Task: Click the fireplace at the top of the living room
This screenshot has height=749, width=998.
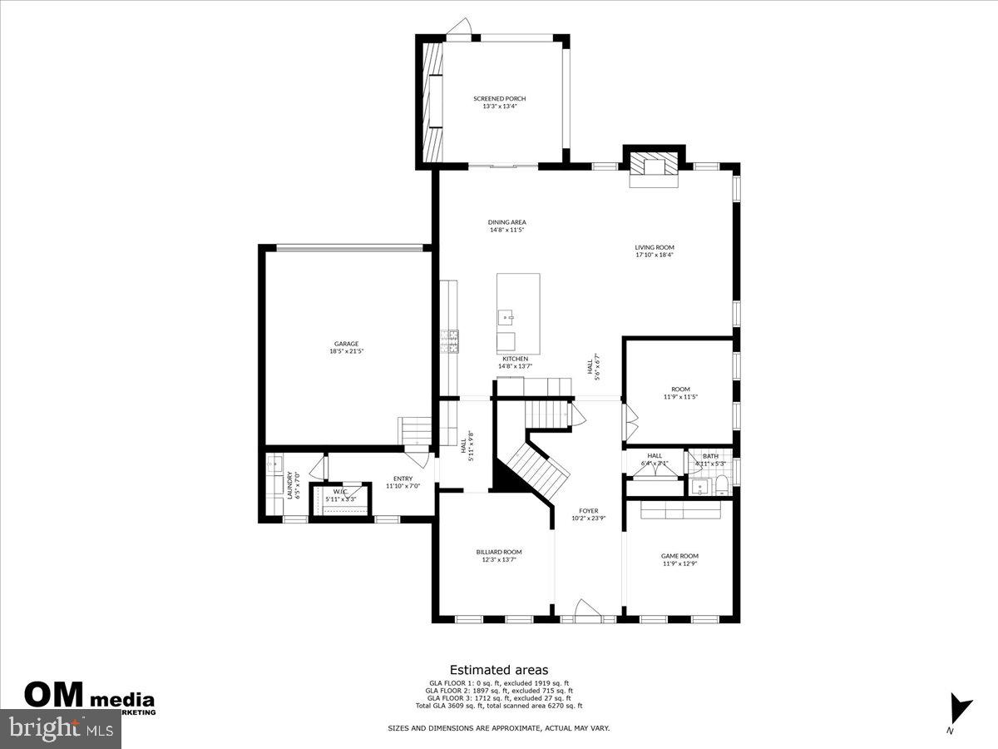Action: (653, 166)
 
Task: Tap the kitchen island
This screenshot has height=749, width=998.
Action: (518, 313)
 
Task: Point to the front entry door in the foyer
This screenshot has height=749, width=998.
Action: (588, 611)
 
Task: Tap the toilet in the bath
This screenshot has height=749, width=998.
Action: (721, 485)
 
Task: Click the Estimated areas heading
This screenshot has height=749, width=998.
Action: (499, 669)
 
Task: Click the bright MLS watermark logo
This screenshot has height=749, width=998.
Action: (61, 729)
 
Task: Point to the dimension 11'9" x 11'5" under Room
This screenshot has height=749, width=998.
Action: (679, 397)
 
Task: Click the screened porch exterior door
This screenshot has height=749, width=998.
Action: (458, 30)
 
